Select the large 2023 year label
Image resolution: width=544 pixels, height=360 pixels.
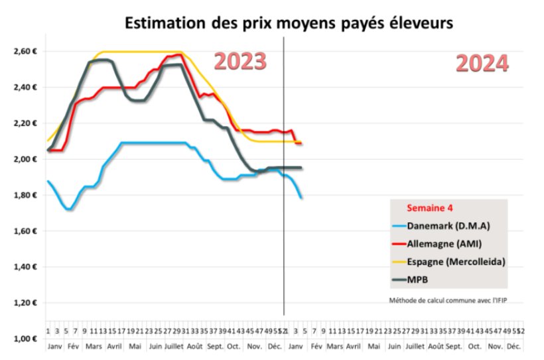tap(239, 61)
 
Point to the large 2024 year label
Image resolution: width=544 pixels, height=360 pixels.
tap(482, 64)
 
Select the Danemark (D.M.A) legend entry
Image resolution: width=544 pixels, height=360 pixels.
tap(448, 225)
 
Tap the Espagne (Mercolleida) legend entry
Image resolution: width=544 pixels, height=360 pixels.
tap(456, 262)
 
